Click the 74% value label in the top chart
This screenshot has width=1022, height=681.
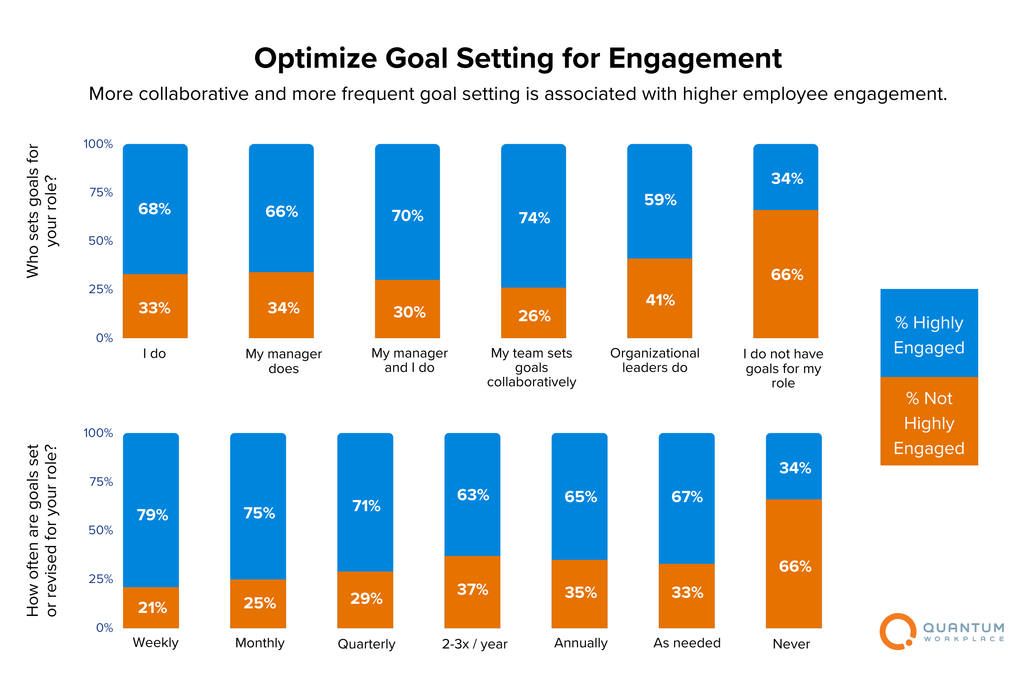534,218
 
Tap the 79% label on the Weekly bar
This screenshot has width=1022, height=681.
152,515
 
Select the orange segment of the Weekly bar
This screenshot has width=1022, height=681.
151,607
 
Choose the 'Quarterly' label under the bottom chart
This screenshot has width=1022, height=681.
366,644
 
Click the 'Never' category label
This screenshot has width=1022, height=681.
791,644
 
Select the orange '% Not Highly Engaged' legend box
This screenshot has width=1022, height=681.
929,422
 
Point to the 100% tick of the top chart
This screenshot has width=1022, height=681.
98,144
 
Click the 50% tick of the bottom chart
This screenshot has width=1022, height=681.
100,530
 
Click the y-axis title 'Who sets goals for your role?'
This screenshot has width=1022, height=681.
41,211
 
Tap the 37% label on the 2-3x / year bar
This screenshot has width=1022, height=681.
472,589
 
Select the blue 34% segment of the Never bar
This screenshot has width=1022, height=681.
793,467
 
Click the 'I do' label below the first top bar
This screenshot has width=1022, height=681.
154,353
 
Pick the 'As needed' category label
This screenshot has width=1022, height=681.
687,643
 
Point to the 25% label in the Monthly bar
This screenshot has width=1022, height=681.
259,603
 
